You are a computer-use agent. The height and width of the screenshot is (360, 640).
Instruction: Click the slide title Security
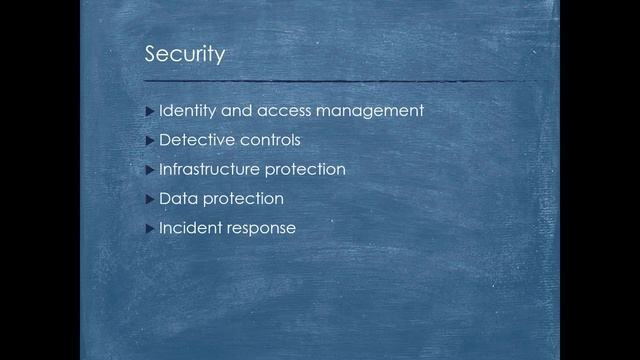(x=184, y=53)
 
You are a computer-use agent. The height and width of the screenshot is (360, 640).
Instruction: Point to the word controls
(x=269, y=139)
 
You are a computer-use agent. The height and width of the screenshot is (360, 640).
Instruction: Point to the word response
(x=262, y=227)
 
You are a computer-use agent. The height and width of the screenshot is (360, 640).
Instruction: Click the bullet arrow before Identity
(x=150, y=110)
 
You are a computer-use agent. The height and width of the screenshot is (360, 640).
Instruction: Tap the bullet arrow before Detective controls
(x=150, y=139)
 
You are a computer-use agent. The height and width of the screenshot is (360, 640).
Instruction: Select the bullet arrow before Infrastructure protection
(x=150, y=169)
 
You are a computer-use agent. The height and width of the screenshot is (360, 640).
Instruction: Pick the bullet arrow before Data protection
(x=150, y=198)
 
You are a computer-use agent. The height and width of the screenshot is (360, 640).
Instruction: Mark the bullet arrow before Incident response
(x=150, y=227)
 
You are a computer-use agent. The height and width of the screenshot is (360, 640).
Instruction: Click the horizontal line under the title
(x=340, y=79)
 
